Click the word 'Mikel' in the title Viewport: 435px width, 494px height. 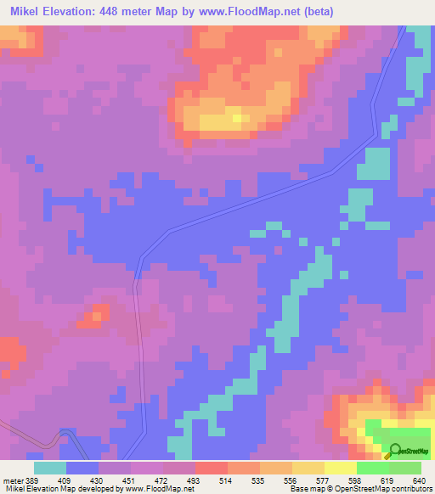(26, 12)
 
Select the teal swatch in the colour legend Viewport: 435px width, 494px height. (50, 468)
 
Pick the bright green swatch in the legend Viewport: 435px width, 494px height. (373, 468)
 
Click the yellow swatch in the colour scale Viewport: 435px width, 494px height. (341, 468)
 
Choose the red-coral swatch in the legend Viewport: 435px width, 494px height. (212, 468)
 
